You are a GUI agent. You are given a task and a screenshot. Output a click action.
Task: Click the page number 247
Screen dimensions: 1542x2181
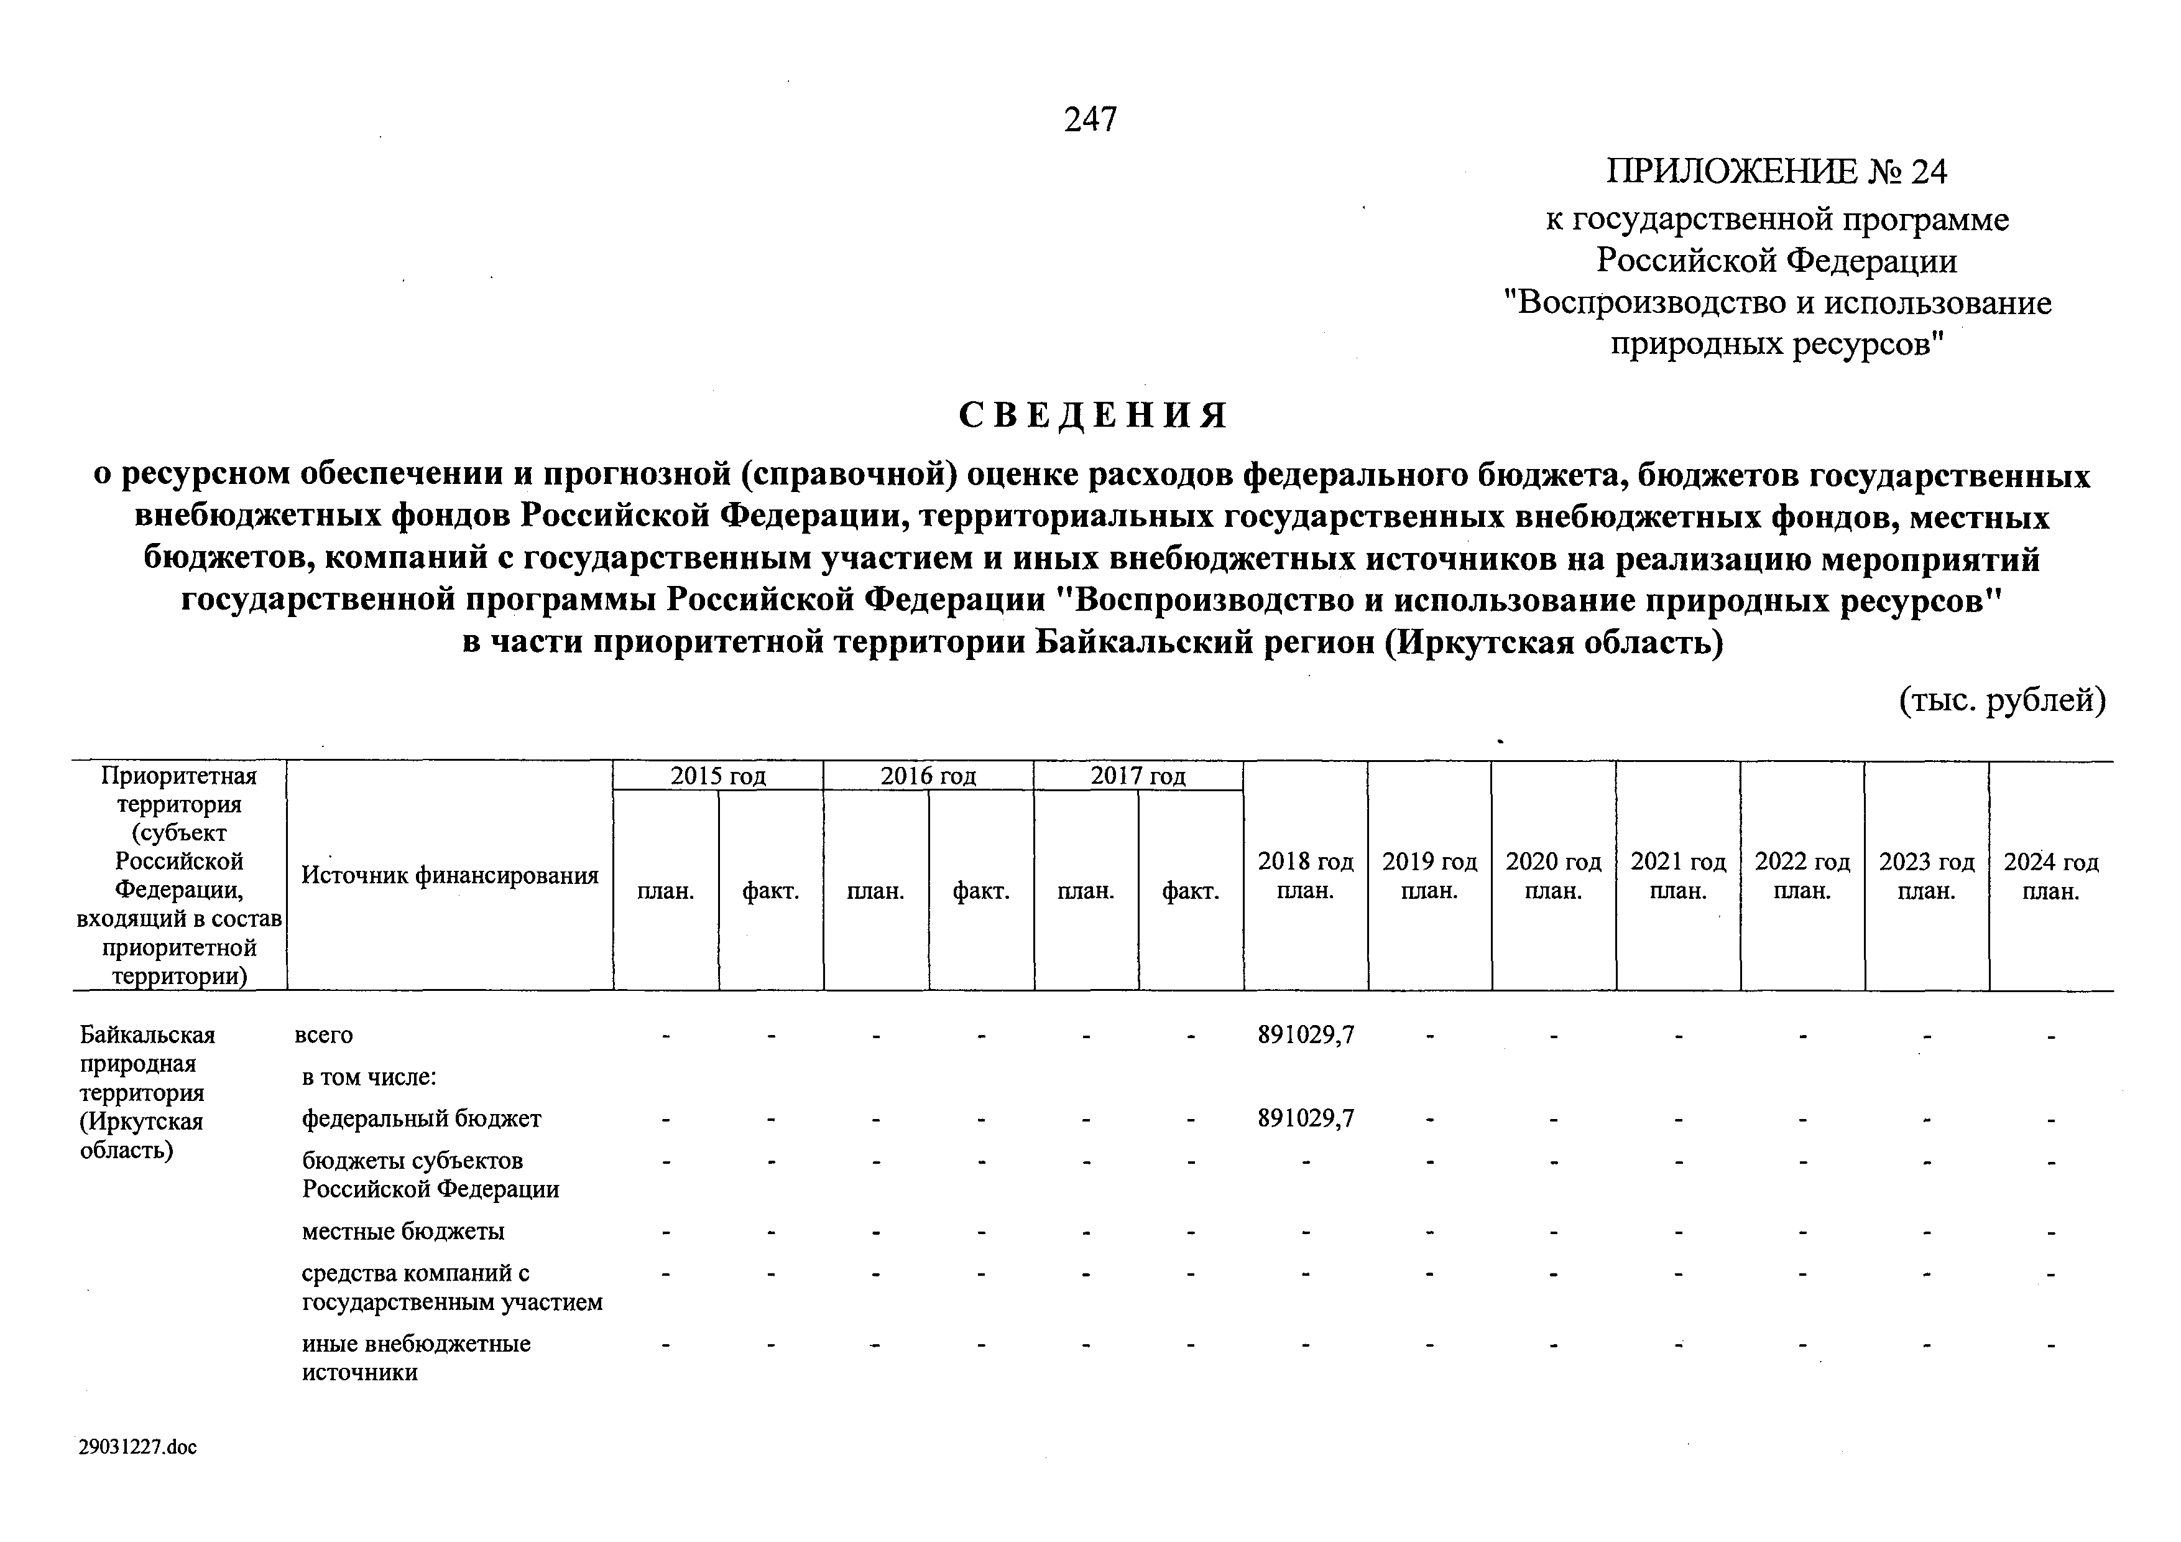coord(1090,119)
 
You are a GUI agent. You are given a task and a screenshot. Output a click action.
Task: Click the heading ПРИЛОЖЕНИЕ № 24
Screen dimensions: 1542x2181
coord(1776,172)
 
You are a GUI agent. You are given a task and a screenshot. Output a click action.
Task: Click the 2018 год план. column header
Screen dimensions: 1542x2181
coord(1305,876)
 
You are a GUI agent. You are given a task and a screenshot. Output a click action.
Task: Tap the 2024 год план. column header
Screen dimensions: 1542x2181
coord(2051,876)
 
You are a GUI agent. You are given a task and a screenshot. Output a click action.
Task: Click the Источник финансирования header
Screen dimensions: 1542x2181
coord(450,875)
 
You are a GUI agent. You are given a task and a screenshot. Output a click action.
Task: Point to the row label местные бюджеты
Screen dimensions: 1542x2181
coord(403,1232)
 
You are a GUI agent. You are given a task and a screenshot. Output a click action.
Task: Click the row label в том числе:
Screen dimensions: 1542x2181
coord(369,1077)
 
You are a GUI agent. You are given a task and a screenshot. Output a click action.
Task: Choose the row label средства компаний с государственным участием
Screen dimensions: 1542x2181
coord(452,1288)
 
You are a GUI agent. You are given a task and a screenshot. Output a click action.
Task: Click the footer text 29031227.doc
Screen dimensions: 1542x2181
coord(139,1447)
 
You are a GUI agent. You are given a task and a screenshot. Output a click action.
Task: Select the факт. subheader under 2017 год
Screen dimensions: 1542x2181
coord(1190,891)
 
